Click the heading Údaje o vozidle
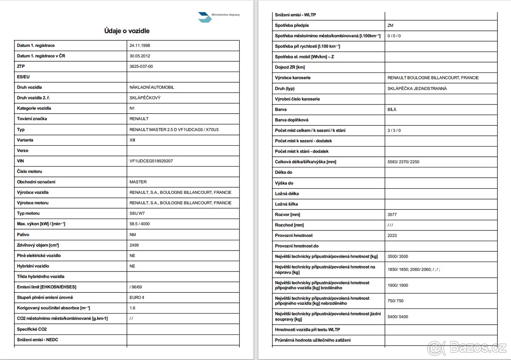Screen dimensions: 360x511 [127, 31]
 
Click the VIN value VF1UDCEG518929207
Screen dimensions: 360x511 [151, 161]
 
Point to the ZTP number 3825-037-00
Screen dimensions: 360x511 [141, 66]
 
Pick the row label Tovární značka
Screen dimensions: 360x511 [29, 119]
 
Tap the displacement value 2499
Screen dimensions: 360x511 [134, 245]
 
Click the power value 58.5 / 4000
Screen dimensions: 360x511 [140, 224]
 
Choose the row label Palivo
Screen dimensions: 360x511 [23, 234]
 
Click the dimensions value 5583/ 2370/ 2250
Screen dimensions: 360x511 [404, 162]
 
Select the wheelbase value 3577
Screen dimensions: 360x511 [392, 215]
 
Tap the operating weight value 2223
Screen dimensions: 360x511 [392, 236]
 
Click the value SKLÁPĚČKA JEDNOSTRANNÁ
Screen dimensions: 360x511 [417, 89]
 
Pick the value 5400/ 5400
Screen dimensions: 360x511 [398, 317]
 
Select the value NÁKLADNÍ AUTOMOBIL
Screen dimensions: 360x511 [152, 87]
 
